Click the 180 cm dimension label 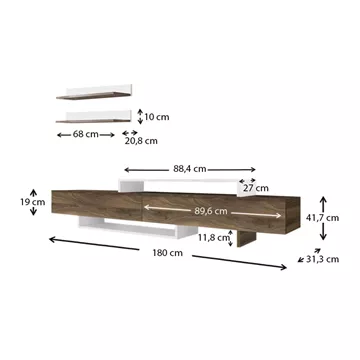pos(168,253)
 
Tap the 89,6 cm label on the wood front pos(211,211)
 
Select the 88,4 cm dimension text pos(189,169)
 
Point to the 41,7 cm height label pos(322,218)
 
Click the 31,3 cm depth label pos(322,259)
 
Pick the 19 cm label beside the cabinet pos(32,202)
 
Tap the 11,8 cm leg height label pos(214,238)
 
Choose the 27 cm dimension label pos(256,188)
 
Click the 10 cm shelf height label pos(157,117)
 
